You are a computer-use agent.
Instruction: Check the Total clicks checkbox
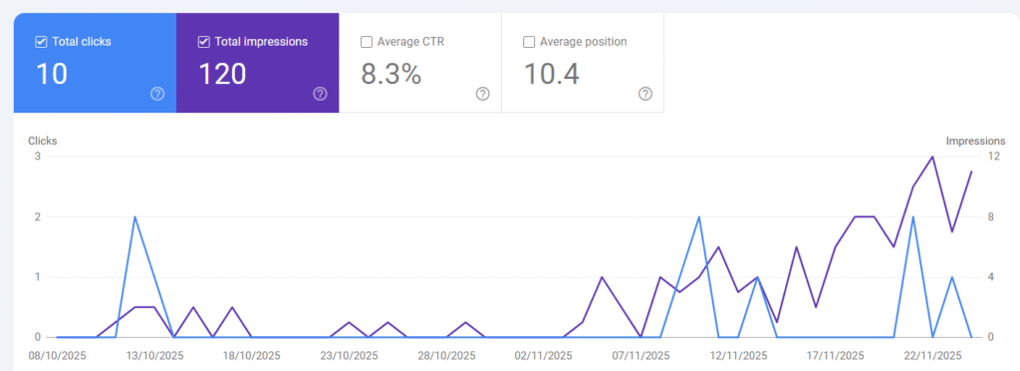coord(41,42)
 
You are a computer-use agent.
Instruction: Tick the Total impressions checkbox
coord(204,42)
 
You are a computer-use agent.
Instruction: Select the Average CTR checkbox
coord(367,42)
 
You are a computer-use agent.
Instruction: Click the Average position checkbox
coord(529,42)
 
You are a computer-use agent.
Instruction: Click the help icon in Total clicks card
coord(157,94)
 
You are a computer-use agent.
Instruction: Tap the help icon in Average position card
coord(645,94)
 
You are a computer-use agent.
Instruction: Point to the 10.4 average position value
coord(552,74)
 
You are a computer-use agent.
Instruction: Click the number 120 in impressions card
coord(222,74)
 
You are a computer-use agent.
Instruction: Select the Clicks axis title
coord(42,141)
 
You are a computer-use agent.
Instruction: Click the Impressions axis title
coord(975,141)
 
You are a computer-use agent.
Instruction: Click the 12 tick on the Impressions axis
coord(992,157)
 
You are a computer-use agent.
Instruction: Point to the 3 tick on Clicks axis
coord(37,157)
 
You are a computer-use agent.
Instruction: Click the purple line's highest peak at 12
coord(932,157)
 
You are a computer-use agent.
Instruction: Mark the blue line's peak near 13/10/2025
coord(134,217)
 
